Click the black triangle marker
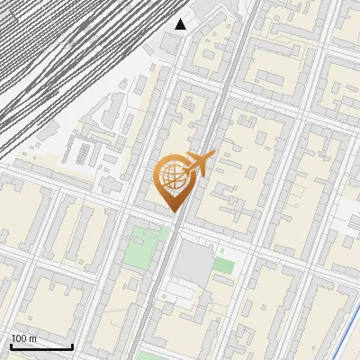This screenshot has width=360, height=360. pyautogui.click(x=181, y=24)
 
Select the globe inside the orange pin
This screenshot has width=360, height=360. pyautogui.click(x=171, y=176)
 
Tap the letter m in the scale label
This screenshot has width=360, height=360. pyautogui.click(x=32, y=338)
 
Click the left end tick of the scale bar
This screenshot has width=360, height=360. pyautogui.click(x=12, y=345)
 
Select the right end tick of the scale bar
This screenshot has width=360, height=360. pyautogui.click(x=73, y=345)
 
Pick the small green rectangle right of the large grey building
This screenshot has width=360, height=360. pyautogui.click(x=224, y=265)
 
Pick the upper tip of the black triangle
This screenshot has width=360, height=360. pyautogui.click(x=181, y=19)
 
